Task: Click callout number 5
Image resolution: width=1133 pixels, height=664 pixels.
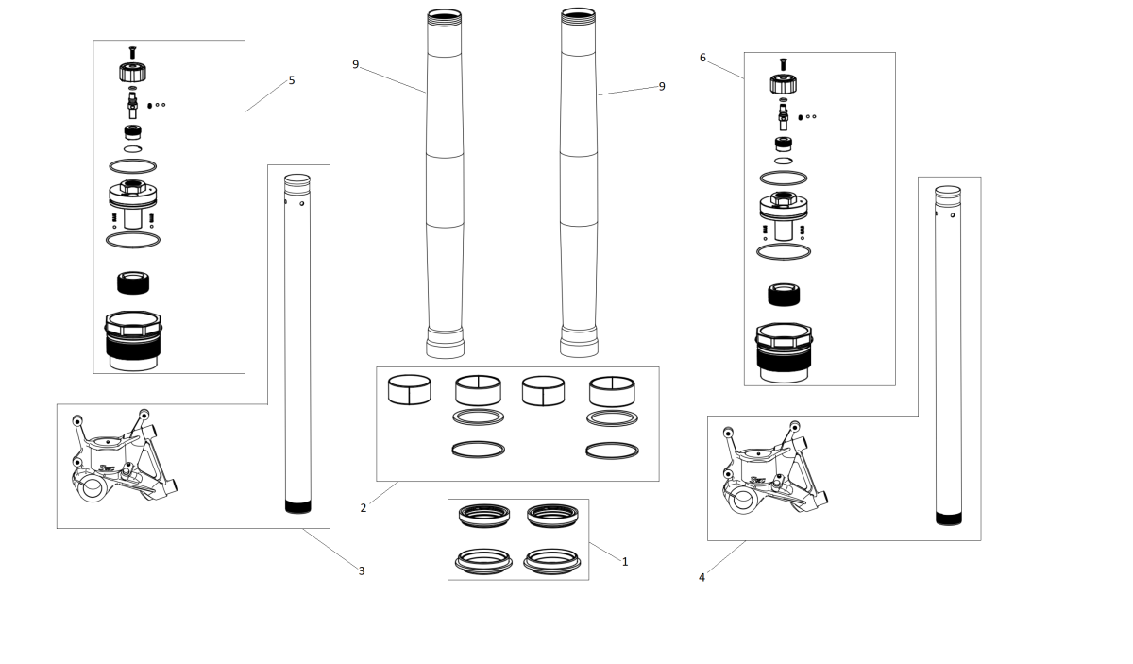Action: pyautogui.click(x=292, y=80)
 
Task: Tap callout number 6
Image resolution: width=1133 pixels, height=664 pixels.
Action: pyautogui.click(x=702, y=58)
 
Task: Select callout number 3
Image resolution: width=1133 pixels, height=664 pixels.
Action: pyautogui.click(x=361, y=570)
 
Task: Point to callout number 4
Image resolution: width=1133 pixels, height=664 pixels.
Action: pyautogui.click(x=702, y=577)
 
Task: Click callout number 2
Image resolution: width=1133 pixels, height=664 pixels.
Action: pyautogui.click(x=364, y=507)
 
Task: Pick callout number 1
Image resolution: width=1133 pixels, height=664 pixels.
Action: pyautogui.click(x=625, y=562)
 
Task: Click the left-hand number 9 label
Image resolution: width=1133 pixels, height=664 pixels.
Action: pyautogui.click(x=356, y=65)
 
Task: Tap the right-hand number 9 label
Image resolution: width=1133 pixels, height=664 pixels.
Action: pyautogui.click(x=662, y=87)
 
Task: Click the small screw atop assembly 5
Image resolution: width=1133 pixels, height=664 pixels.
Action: pyautogui.click(x=132, y=52)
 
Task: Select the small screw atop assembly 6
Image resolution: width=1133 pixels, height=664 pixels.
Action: pyautogui.click(x=784, y=64)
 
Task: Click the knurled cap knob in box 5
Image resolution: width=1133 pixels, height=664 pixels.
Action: pyautogui.click(x=132, y=73)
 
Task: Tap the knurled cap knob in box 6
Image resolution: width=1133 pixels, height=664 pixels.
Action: pyautogui.click(x=784, y=84)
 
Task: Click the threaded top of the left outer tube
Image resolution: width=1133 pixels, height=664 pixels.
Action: pyautogui.click(x=444, y=17)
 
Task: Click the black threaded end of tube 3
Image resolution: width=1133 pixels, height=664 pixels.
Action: pyautogui.click(x=298, y=506)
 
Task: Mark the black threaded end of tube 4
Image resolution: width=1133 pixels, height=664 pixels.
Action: pyautogui.click(x=948, y=519)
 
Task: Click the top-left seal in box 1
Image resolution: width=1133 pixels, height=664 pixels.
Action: pyautogui.click(x=484, y=516)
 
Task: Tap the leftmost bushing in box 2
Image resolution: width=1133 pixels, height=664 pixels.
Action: pyautogui.click(x=409, y=390)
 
